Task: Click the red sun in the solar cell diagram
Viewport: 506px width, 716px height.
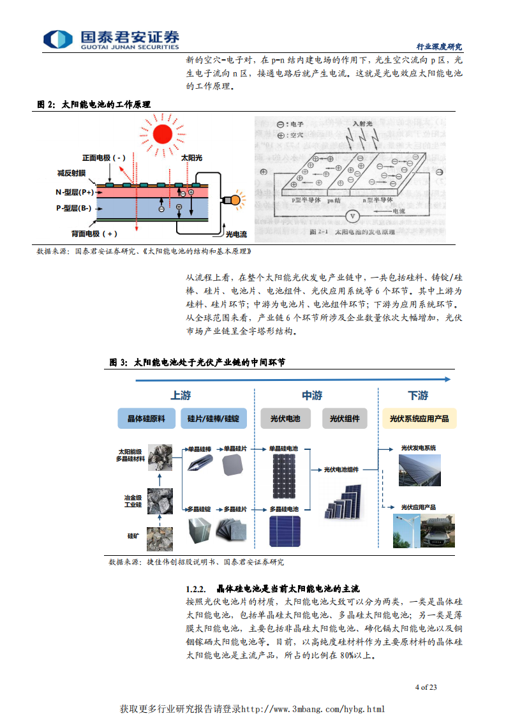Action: (x=163, y=133)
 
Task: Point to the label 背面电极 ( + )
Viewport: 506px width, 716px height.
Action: (x=95, y=234)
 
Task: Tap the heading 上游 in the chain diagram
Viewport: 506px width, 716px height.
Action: (x=181, y=396)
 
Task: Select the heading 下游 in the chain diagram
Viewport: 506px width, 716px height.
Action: (x=418, y=396)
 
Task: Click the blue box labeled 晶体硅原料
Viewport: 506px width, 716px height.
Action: (x=147, y=419)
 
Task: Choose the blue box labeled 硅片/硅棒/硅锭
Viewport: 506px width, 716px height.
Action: (x=213, y=419)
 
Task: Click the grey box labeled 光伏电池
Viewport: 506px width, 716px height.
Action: (x=285, y=419)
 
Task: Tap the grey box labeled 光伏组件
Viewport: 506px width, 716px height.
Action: (x=345, y=419)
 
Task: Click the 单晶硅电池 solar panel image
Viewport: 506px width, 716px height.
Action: (x=283, y=476)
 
